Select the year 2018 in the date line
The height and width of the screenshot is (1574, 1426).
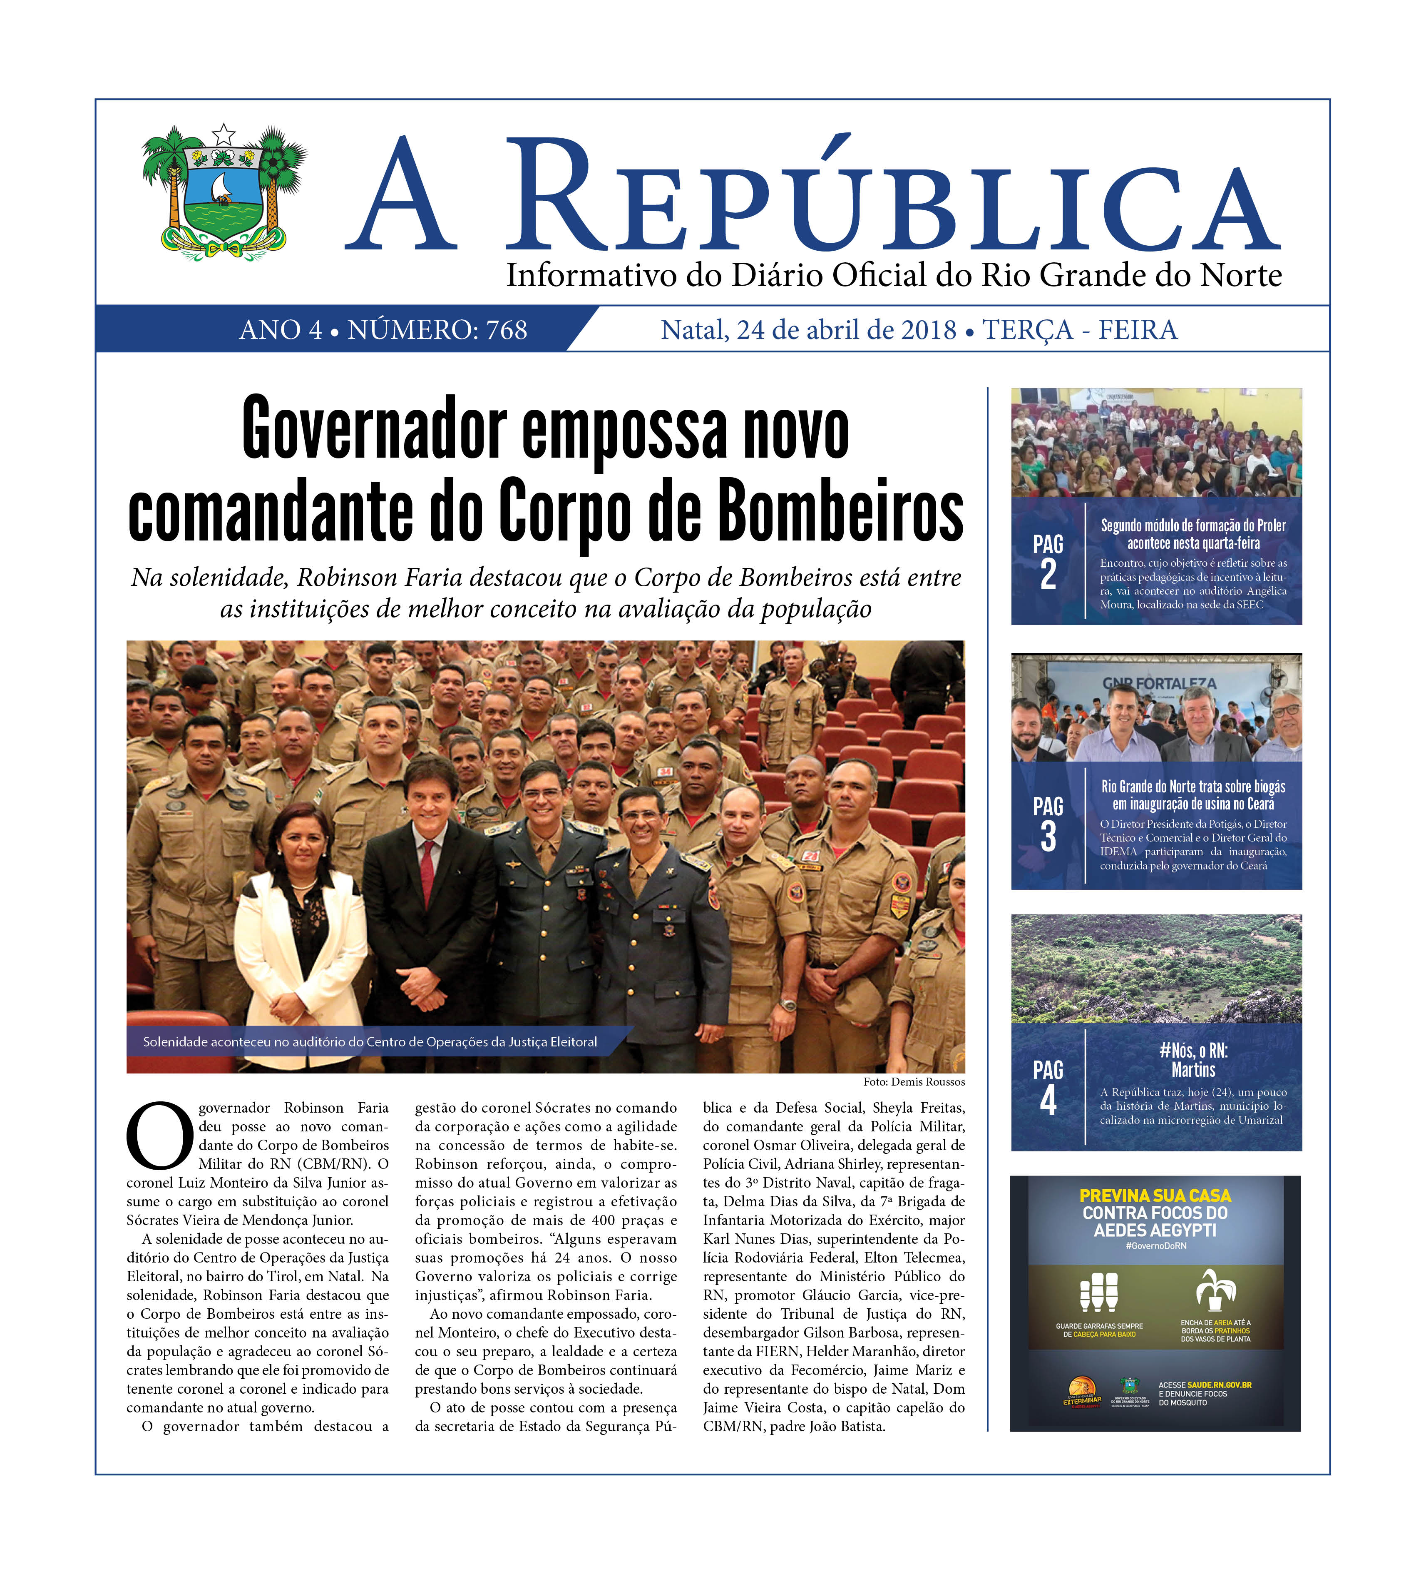coord(928,330)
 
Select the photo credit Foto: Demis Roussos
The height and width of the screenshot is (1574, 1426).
coord(913,1081)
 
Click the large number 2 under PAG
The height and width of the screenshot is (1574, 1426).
coord(1048,575)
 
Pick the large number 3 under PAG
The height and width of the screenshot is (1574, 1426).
coord(1048,836)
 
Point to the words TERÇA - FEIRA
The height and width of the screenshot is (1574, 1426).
coord(1079,330)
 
